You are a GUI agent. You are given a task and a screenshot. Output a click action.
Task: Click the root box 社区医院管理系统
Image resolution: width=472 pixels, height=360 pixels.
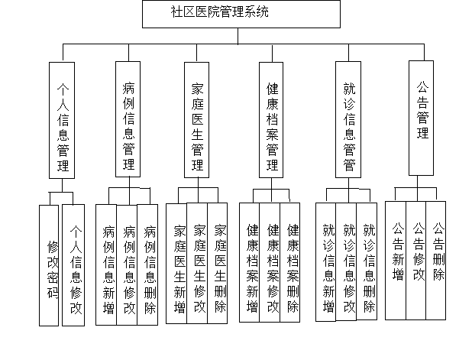click(241, 15)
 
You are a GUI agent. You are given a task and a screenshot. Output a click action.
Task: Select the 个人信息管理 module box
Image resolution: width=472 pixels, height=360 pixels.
click(62, 120)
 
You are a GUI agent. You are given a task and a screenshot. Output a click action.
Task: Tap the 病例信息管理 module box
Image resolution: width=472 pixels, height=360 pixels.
click(128, 119)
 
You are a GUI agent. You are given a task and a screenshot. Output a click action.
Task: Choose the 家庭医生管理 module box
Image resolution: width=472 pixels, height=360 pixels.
click(196, 120)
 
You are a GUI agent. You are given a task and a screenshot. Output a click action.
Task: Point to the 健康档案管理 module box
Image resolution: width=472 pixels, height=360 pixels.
click(271, 120)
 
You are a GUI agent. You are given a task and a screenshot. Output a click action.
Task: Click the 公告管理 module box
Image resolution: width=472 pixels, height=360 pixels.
click(421, 118)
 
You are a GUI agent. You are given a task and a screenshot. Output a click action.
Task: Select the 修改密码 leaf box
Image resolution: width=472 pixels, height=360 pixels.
click(49, 265)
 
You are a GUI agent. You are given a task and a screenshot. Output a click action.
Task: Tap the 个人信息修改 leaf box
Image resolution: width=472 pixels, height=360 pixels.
click(73, 265)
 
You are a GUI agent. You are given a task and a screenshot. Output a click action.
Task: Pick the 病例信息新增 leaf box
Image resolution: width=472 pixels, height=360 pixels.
click(106, 265)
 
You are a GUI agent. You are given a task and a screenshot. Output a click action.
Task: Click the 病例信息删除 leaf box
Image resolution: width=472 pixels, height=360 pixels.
click(147, 265)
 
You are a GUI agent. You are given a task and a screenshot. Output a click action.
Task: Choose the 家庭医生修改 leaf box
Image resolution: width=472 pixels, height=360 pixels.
click(197, 264)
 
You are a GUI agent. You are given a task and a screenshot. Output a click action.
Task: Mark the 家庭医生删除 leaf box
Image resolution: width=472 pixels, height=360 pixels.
click(218, 264)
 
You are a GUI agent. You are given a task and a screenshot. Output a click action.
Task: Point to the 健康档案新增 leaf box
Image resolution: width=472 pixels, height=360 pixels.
click(249, 263)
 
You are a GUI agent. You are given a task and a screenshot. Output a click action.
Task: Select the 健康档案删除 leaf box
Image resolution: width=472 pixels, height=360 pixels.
click(290, 263)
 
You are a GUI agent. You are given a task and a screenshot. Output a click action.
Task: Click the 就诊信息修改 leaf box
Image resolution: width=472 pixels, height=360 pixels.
click(346, 262)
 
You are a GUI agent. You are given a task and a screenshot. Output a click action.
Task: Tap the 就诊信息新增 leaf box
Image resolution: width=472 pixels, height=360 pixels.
click(325, 262)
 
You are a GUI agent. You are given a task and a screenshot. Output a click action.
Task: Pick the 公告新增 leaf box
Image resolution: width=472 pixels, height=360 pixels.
click(396, 261)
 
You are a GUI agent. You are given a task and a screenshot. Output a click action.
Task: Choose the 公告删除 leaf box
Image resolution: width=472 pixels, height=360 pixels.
click(436, 261)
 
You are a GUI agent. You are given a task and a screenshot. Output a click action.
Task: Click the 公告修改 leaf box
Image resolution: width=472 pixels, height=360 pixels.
click(416, 261)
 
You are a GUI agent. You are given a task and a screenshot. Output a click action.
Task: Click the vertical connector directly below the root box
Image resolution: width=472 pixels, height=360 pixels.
click(238, 36)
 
